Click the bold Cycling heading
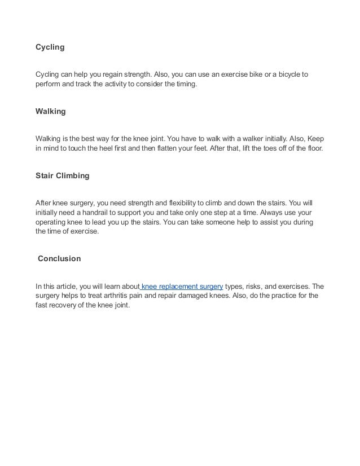(x=50, y=47)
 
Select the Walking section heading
(x=50, y=112)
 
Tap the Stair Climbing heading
(x=62, y=176)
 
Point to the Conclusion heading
(x=59, y=259)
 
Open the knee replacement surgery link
(x=182, y=286)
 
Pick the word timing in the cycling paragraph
(x=187, y=84)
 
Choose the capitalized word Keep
(x=315, y=139)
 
